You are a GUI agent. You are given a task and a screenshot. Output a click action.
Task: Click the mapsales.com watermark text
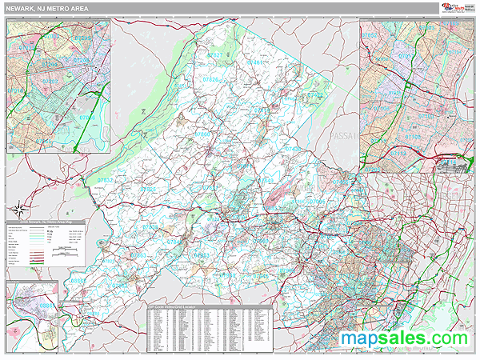[404, 338]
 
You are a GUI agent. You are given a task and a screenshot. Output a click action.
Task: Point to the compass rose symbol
[142, 109]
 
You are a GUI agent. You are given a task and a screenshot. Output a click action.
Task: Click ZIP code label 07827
[214, 54]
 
